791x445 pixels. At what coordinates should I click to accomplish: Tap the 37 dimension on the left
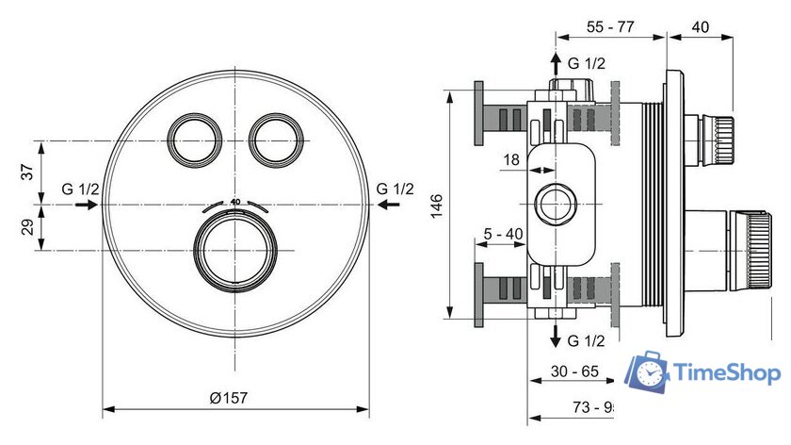pos(26,172)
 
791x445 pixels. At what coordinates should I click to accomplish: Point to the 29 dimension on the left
pos(26,227)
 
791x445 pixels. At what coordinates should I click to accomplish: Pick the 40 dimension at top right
pos(701,28)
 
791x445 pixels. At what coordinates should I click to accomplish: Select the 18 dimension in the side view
pos(511,160)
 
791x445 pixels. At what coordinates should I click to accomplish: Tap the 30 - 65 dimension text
pos(574,371)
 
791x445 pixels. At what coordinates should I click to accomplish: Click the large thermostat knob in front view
pos(235,250)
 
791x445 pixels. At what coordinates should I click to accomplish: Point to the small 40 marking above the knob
pos(235,202)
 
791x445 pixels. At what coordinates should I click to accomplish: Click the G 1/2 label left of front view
pos(80,189)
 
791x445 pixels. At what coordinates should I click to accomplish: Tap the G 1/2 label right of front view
pos(395,189)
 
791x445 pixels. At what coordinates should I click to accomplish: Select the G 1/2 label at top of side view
pos(586,63)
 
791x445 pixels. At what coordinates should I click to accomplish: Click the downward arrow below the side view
pos(555,337)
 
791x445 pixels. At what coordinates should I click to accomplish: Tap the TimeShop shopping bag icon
pos(649,372)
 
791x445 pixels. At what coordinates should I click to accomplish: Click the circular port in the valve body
pos(555,204)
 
